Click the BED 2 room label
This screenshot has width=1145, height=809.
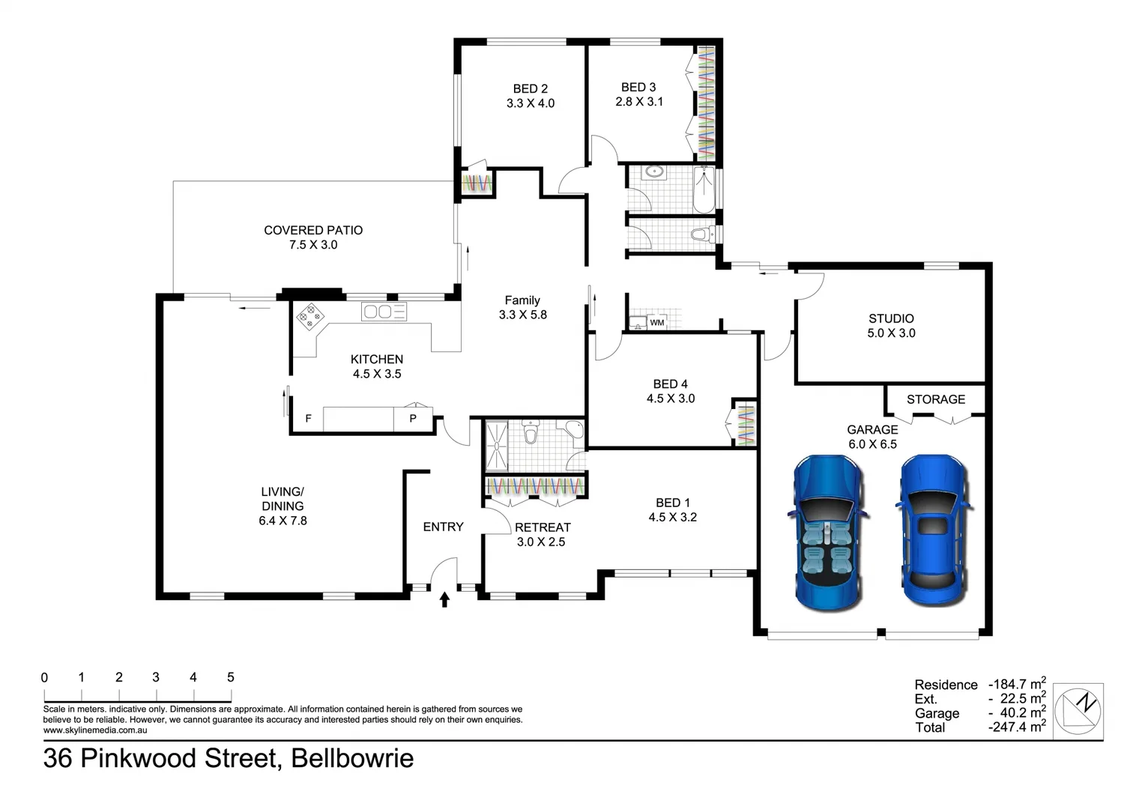click(x=530, y=96)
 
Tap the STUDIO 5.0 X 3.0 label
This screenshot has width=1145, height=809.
click(x=891, y=326)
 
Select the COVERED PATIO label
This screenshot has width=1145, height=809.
click(x=313, y=237)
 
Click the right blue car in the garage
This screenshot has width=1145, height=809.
click(x=933, y=530)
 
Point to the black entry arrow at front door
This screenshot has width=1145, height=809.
click(x=444, y=599)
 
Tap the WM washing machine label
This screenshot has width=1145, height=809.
click(x=656, y=323)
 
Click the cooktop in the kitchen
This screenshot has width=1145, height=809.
click(x=309, y=316)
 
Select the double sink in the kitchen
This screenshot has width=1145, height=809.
click(x=384, y=311)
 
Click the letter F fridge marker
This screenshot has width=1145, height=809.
click(x=308, y=419)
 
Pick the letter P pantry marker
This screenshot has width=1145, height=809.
click(x=413, y=419)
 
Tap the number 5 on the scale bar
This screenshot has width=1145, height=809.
click(x=231, y=677)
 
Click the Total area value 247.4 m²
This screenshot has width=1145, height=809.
click(x=1017, y=727)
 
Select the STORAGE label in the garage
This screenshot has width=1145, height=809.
click(x=935, y=399)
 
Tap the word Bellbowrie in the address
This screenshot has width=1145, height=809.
click(x=352, y=758)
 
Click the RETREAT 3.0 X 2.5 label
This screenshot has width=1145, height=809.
click(x=542, y=534)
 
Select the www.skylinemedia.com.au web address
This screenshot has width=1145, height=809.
click(x=95, y=730)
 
